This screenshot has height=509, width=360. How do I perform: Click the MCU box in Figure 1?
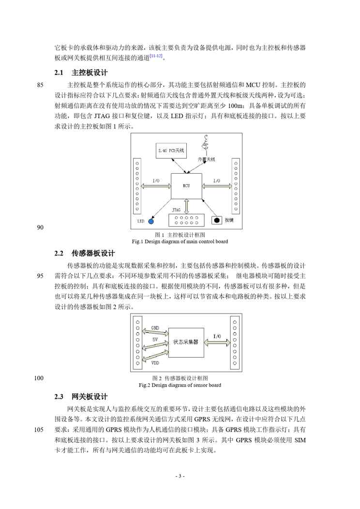(186, 185)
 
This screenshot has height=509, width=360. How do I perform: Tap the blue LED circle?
(151, 221)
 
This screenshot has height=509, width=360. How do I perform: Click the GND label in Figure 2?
(155, 328)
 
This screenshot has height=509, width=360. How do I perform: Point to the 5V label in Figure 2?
(155, 340)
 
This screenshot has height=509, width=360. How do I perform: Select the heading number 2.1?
(59, 73)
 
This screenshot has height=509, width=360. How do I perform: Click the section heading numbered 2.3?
(59, 397)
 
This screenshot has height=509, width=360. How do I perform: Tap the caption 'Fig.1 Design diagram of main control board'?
(180, 241)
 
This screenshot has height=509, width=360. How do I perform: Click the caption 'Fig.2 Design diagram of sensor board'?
(180, 385)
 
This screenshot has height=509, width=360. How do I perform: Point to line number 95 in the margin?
(40, 276)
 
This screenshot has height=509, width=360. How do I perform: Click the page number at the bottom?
(180, 476)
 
